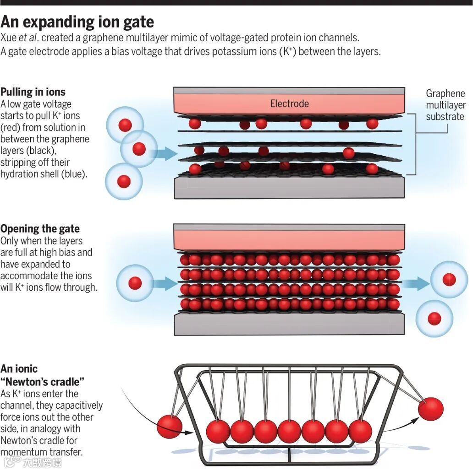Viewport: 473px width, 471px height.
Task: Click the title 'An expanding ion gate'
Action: tap(77, 22)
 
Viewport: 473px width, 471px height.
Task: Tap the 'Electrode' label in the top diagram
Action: tap(289, 103)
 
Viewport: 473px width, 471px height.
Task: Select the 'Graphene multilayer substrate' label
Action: tap(445, 105)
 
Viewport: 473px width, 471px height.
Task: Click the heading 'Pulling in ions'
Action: tap(33, 92)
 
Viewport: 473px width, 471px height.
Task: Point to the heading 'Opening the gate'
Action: tap(40, 228)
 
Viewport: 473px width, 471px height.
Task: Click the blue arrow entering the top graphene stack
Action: tap(163, 153)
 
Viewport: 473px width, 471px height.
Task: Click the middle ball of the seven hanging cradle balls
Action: tap(289, 431)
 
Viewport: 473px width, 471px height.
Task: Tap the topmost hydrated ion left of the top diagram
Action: tap(125, 125)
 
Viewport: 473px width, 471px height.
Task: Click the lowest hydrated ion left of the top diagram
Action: tap(124, 182)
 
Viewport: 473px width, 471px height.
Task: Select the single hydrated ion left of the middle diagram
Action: tap(135, 282)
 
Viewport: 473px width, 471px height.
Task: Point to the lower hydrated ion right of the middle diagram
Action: tap(434, 319)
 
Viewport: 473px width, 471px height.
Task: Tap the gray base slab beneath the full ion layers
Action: tap(289, 324)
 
